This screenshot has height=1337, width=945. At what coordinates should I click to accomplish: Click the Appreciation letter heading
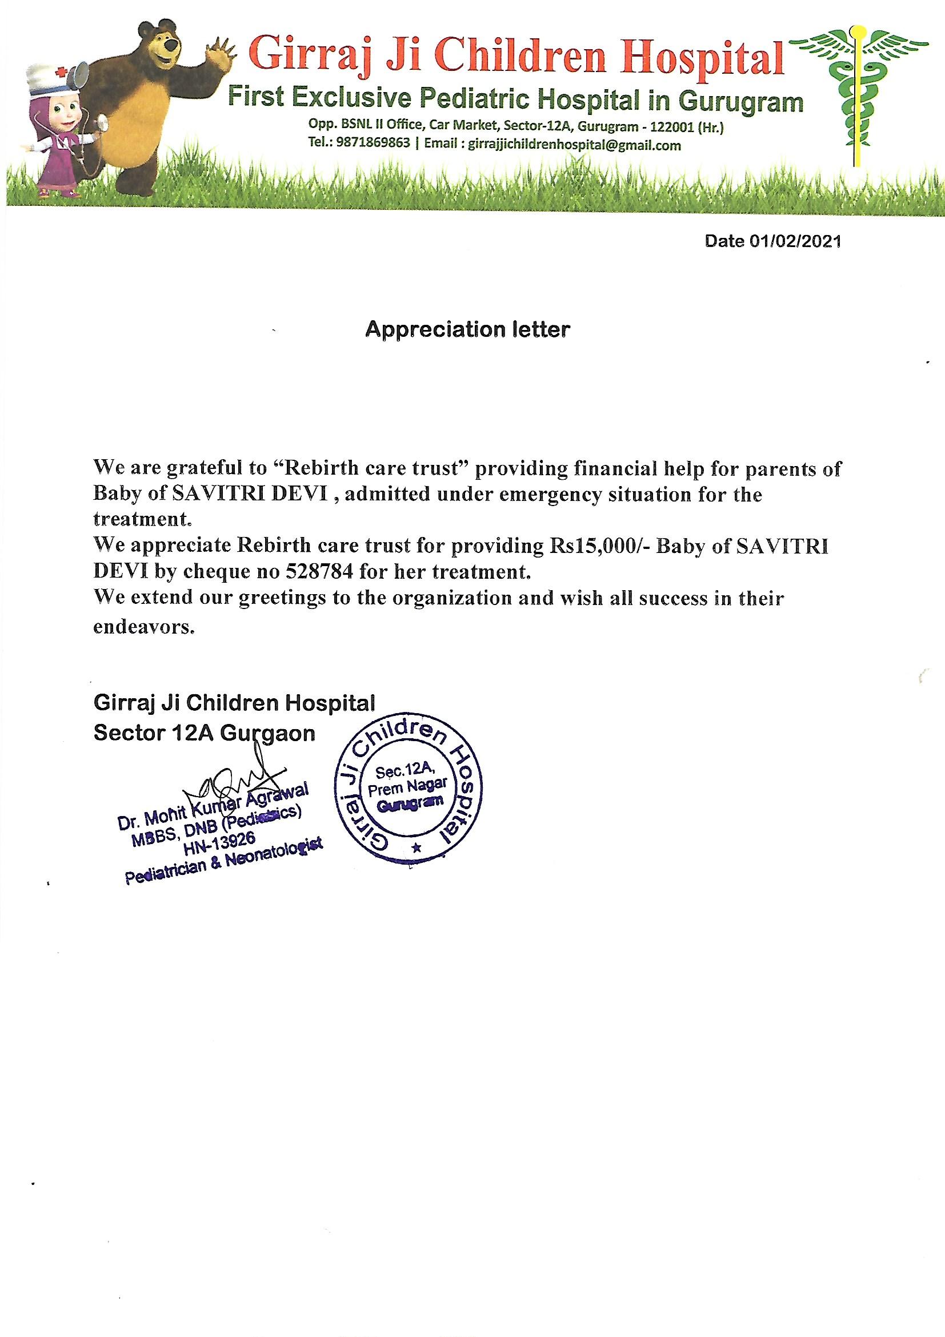[467, 329]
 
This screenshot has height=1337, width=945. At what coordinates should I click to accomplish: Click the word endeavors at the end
[143, 628]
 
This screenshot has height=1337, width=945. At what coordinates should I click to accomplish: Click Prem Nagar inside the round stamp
[407, 787]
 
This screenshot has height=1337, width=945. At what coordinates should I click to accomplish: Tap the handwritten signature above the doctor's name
[245, 778]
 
